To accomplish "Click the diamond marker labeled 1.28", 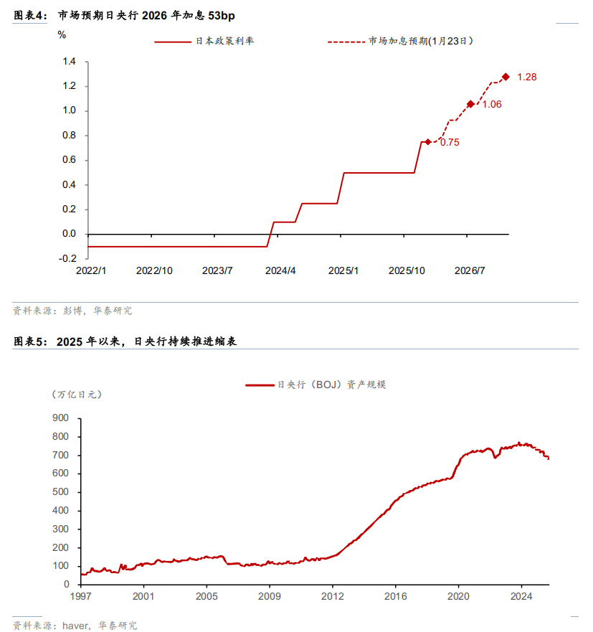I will click(506, 77).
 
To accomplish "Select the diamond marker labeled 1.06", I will click(470, 104).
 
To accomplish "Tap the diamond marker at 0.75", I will click(427, 142).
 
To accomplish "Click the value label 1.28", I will click(527, 77).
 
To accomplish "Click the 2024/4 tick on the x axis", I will click(280, 270).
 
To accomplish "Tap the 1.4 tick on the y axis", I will click(69, 62).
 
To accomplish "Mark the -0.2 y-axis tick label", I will click(67, 258).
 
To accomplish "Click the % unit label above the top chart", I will click(62, 34).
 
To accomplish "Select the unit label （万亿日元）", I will click(75, 395).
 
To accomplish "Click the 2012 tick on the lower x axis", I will click(333, 596).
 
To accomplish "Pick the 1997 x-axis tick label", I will click(80, 596).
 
